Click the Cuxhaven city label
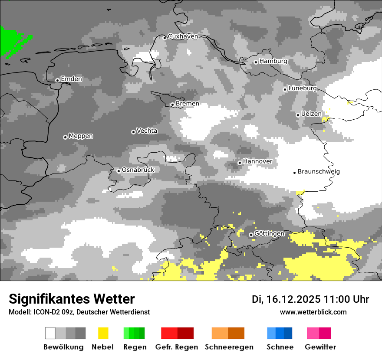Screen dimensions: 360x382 tap(183, 36)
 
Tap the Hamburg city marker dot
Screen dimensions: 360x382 tap(256, 62)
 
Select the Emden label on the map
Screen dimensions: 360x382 tap(71, 79)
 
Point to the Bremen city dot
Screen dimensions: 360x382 tap(172, 105)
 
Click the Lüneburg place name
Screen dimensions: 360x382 tap(303, 88)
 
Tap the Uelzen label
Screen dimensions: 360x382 tap(311, 114)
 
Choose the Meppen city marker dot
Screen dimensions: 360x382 tap(65, 137)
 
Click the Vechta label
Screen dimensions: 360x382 tap(147, 131)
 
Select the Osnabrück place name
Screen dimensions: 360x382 tap(138, 170)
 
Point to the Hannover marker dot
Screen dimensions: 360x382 tap(240, 163)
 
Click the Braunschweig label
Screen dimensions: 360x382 tap(319, 171)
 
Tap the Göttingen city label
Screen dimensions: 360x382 tap(269, 233)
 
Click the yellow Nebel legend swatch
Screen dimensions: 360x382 tap(103, 333)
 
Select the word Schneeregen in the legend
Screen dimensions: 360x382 tap(229, 347)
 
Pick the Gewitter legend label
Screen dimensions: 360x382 tap(320, 347)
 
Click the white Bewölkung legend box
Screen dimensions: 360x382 tap(50, 333)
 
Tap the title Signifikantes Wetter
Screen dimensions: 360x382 tap(72, 299)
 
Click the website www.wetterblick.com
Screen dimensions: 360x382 tap(313, 312)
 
